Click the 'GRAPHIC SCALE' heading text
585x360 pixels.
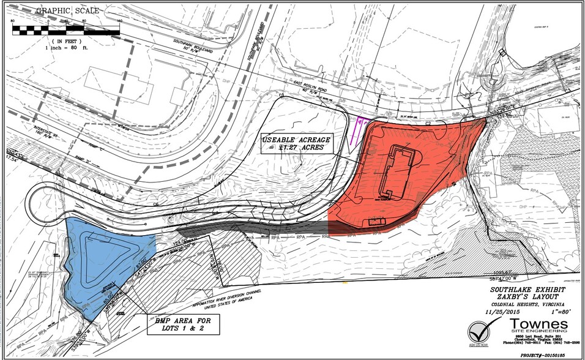click(61, 11)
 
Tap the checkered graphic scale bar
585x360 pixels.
click(65, 28)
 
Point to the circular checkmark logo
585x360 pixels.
click(479, 331)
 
